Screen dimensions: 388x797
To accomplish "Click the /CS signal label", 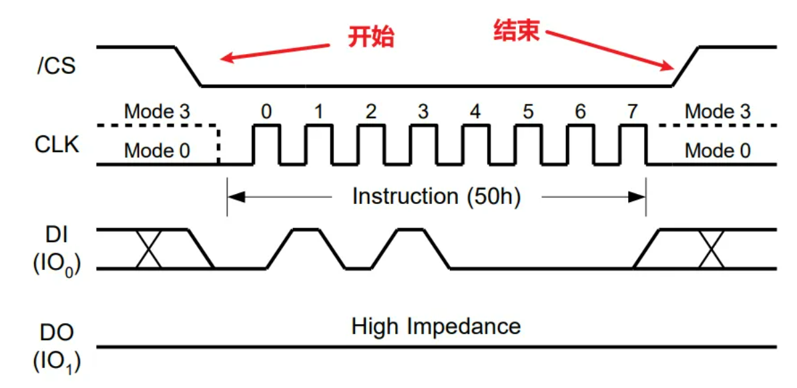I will (57, 67).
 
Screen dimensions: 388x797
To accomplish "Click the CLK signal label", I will (57, 145).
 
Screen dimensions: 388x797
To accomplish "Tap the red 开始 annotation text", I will (371, 37).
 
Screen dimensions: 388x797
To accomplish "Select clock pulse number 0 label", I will (266, 111).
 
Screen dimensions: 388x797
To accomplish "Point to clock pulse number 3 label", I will (423, 111).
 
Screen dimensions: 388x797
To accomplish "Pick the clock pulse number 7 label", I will (631, 111).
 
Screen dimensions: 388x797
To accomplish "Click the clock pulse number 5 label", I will (528, 111).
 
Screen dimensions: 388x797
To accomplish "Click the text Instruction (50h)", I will (436, 196).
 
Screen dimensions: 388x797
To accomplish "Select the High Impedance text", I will (436, 327).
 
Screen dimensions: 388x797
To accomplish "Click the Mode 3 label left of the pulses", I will (157, 111).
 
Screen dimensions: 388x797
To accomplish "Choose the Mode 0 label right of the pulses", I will (718, 151).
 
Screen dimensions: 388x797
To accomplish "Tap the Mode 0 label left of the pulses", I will (157, 151).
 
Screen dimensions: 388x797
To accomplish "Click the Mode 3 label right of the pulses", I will (718, 111).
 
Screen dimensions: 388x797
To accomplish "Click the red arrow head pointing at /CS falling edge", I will (227, 59).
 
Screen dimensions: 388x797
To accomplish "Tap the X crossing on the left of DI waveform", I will (149, 249).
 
